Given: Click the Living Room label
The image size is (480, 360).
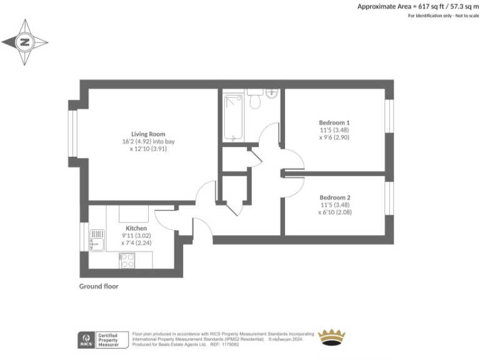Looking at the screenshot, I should coord(148,134).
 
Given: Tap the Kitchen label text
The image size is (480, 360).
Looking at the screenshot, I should coord(136,228).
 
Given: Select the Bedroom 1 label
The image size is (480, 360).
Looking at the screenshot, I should coord(334,122).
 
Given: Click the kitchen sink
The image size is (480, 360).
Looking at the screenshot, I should coord(97,239).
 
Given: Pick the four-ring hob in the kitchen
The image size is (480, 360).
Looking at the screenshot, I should coord(127,260).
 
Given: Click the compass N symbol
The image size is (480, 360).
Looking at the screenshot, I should coord(24,42).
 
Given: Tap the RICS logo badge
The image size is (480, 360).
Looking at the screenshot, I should coord(85,339).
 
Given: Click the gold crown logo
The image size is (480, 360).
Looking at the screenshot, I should coord(332,338).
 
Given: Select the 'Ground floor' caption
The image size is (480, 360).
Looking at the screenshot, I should coord(99,286).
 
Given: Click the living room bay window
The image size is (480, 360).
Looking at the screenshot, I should coord(72,133).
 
